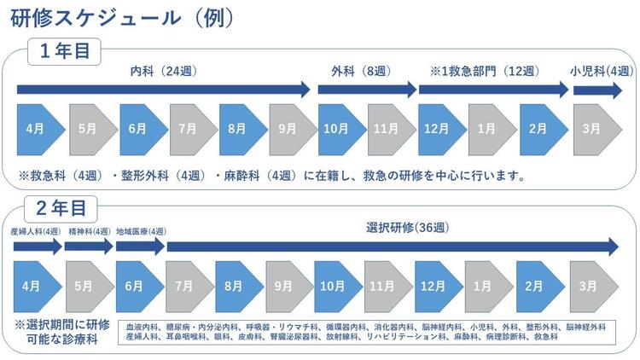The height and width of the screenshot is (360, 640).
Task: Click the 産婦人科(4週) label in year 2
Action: coord(35,231)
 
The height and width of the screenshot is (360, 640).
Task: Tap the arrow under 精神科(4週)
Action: coord(89,247)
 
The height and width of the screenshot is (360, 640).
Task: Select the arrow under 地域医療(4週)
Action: coord(140,247)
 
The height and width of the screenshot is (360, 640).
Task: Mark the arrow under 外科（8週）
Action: coord(365,88)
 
